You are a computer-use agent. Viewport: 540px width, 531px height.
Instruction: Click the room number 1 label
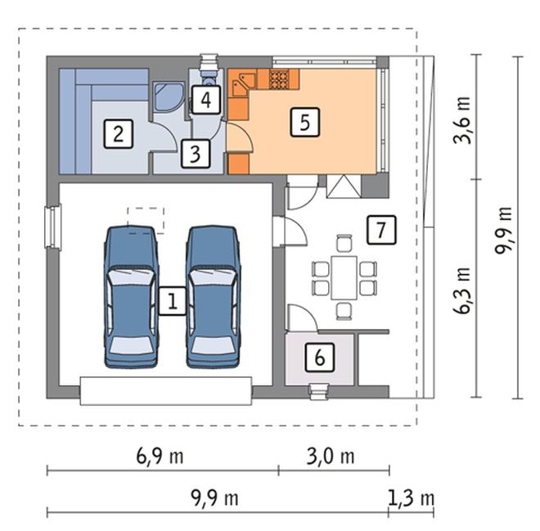172,301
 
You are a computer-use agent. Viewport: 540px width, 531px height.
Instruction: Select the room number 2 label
118,134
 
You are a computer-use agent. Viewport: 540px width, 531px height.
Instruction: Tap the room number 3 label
196,154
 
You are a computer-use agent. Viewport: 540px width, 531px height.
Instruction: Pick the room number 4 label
206,100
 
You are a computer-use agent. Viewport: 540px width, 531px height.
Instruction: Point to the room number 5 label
305,122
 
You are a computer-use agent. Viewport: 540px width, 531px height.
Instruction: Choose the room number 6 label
320,357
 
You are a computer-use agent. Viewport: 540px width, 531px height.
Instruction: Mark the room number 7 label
381,230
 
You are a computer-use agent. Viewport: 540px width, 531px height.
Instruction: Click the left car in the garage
131,297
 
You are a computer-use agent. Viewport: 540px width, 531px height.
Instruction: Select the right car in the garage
214,297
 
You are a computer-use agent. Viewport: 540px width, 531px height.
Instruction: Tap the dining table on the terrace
344,277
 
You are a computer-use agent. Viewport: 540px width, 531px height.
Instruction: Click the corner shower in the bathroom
169,97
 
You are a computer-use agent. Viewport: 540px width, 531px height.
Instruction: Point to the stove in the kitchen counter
279,79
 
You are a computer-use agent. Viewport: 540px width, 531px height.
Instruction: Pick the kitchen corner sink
244,83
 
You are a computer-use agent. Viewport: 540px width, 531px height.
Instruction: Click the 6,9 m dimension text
160,457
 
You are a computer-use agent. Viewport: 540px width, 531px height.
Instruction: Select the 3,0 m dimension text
331,457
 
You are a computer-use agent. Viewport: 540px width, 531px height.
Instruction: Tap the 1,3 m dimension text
411,498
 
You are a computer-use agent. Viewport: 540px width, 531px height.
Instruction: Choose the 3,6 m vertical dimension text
462,120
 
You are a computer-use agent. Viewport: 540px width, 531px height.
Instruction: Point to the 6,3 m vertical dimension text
462,290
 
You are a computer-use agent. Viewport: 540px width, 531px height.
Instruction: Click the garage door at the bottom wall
166,391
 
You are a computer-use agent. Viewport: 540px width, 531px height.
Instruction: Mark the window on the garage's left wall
53,227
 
